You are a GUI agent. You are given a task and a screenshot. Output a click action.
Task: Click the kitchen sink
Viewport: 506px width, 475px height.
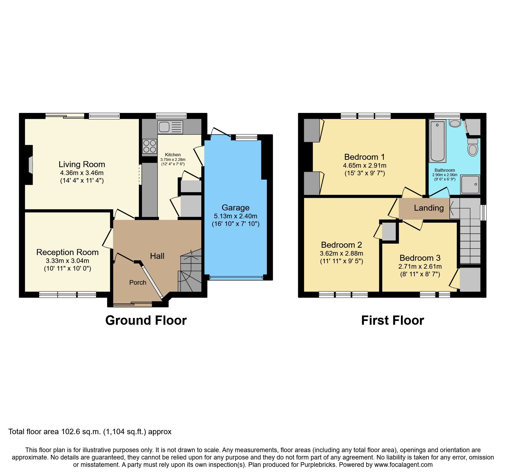(170, 127)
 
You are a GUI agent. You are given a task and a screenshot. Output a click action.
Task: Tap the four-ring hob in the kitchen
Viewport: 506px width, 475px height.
(150, 146)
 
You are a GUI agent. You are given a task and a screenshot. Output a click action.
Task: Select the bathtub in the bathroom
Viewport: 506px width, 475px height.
(437, 142)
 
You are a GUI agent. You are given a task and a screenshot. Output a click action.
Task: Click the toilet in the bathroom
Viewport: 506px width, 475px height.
(473, 147)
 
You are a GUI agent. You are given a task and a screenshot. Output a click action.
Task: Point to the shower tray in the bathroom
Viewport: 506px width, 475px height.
(470, 185)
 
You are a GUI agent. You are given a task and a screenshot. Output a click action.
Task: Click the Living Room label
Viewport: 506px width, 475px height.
(82, 164)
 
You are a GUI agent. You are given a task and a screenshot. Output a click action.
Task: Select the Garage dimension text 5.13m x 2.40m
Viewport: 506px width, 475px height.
(235, 216)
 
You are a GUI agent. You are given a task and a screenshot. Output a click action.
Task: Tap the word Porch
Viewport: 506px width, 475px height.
(138, 283)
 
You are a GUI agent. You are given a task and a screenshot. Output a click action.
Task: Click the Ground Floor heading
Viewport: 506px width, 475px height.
(146, 320)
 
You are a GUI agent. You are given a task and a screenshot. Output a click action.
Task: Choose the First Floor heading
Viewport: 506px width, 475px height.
(392, 320)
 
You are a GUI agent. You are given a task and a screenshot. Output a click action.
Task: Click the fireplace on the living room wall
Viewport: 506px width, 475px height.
(30, 165)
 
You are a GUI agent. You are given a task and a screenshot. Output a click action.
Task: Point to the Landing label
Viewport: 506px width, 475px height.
(429, 208)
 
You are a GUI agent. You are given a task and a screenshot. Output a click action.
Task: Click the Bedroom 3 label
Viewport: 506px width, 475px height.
(420, 258)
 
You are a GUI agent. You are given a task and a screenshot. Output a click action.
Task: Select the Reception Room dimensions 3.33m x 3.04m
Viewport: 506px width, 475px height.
(67, 261)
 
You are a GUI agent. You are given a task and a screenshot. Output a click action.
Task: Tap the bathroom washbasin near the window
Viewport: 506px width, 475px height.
(455, 123)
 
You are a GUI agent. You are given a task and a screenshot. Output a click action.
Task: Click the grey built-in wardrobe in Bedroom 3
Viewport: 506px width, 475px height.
(470, 280)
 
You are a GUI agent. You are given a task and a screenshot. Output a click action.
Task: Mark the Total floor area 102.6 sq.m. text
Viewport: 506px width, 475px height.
(90, 432)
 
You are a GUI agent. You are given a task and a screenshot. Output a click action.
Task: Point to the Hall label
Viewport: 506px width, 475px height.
(157, 256)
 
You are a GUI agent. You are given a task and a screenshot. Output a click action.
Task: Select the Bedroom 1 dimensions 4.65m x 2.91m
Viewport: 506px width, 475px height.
(365, 166)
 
